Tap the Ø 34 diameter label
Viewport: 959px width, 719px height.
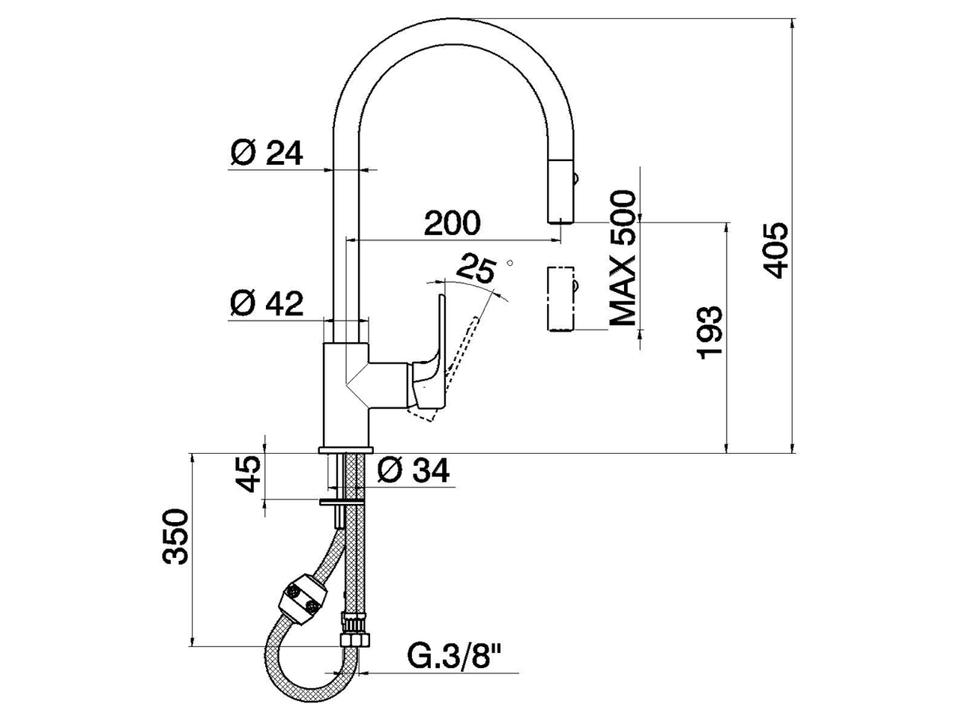[x=413, y=470]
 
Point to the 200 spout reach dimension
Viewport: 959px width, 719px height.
[x=452, y=222]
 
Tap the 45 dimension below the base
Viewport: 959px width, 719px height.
[x=249, y=473]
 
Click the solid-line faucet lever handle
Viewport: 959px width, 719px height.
[x=431, y=352]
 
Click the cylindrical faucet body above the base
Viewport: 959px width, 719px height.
[x=346, y=393]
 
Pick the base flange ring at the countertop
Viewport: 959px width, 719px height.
[x=345, y=449]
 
